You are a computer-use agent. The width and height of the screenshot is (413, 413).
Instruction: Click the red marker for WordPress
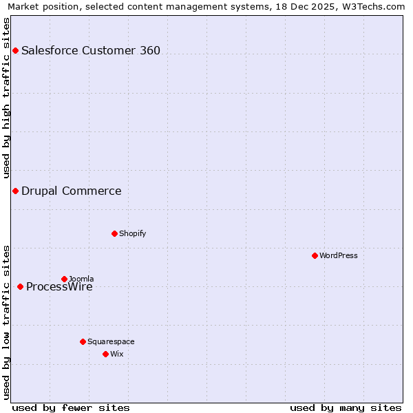point(315,255)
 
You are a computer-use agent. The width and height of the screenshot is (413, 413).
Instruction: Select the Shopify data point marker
point(114,233)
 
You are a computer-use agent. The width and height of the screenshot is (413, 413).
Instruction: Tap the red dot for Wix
point(105,354)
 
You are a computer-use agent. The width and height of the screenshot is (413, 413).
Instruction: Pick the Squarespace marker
point(83,341)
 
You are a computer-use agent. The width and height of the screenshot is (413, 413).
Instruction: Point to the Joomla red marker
point(64,279)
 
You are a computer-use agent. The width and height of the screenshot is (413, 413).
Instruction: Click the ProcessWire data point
point(20,286)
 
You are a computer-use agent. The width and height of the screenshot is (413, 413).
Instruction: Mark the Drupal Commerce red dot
point(15,191)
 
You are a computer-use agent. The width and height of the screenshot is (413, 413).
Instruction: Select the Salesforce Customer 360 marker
point(15,50)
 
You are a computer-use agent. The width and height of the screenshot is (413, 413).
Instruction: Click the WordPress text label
point(339,255)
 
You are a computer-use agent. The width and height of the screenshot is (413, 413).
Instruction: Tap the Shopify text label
point(133,233)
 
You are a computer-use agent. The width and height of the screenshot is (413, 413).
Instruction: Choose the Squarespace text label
point(111,341)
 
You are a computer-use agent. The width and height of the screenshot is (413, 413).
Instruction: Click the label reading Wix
point(117,354)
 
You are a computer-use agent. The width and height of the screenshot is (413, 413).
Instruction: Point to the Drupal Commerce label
point(72,191)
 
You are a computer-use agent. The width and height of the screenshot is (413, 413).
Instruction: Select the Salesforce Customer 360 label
point(91,50)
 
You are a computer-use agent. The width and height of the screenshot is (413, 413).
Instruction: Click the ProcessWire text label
point(59,287)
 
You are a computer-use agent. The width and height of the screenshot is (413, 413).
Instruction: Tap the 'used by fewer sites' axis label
point(71,407)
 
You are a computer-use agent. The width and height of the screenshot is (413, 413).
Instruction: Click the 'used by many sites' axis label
point(346,407)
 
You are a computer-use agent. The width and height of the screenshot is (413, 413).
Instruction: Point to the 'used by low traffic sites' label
point(6,321)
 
